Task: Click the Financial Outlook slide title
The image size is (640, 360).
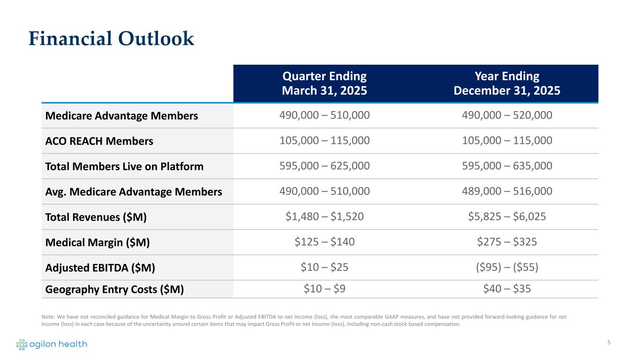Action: pyautogui.click(x=111, y=39)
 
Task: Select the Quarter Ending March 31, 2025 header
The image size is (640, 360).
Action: pyautogui.click(x=324, y=83)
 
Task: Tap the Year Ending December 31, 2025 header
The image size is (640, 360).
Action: pyautogui.click(x=507, y=83)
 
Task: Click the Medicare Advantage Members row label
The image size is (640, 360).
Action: pyautogui.click(x=121, y=115)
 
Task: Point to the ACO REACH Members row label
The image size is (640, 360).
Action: pyautogui.click(x=99, y=141)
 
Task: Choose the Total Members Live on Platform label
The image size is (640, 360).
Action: pyautogui.click(x=124, y=166)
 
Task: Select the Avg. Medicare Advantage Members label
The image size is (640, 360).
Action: pyautogui.click(x=133, y=191)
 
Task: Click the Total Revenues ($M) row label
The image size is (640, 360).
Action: pyautogui.click(x=96, y=217)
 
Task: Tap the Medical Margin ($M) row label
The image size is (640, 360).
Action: pyautogui.click(x=98, y=242)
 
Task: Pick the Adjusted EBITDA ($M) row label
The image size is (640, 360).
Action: pyautogui.click(x=100, y=267)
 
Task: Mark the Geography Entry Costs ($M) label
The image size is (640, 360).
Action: pyautogui.click(x=114, y=289)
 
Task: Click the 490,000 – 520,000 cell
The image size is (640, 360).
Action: pyautogui.click(x=507, y=115)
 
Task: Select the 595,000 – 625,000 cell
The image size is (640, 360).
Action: pyautogui.click(x=324, y=165)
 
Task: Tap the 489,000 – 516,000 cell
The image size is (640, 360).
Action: pyautogui.click(x=507, y=191)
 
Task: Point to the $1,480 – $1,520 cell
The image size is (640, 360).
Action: pyautogui.click(x=324, y=216)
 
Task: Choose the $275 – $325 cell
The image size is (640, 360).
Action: pyautogui.click(x=507, y=241)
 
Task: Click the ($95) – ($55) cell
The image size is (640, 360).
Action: pyautogui.click(x=507, y=267)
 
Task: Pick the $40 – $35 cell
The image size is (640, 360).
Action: pyautogui.click(x=507, y=289)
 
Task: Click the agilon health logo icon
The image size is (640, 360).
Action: pyautogui.click(x=22, y=345)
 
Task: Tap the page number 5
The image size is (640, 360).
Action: pyautogui.click(x=609, y=342)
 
